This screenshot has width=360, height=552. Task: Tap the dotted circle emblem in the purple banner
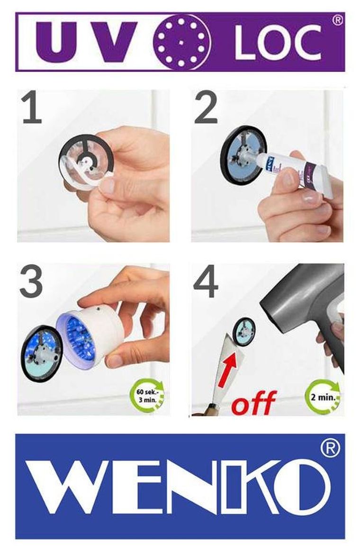[x=181, y=42]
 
